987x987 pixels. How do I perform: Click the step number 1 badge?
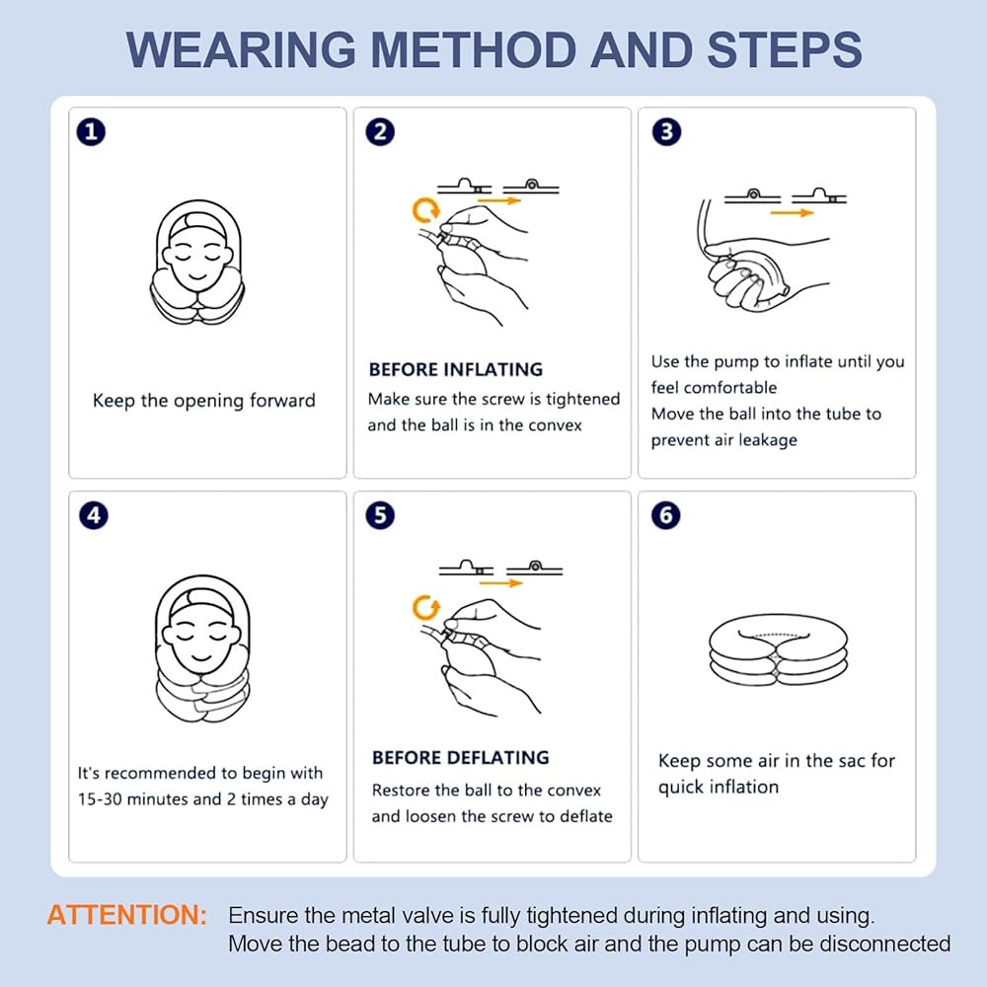point(91,132)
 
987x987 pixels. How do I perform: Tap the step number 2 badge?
point(380,132)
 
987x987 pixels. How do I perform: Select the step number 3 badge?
point(666,132)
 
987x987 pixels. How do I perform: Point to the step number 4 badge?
point(94,515)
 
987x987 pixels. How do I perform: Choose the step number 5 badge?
point(380,515)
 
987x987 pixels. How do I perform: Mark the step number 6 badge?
point(666,515)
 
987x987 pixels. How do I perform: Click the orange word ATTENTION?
point(127,915)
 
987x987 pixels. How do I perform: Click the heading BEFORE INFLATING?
point(456,369)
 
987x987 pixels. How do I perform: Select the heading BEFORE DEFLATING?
point(461,757)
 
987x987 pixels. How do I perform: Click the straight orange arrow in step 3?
point(792,213)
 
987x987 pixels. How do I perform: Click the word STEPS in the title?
point(785,49)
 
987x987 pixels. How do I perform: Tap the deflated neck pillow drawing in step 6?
point(778,649)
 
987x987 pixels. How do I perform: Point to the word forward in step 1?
point(282,401)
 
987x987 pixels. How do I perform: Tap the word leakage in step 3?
point(768,440)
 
